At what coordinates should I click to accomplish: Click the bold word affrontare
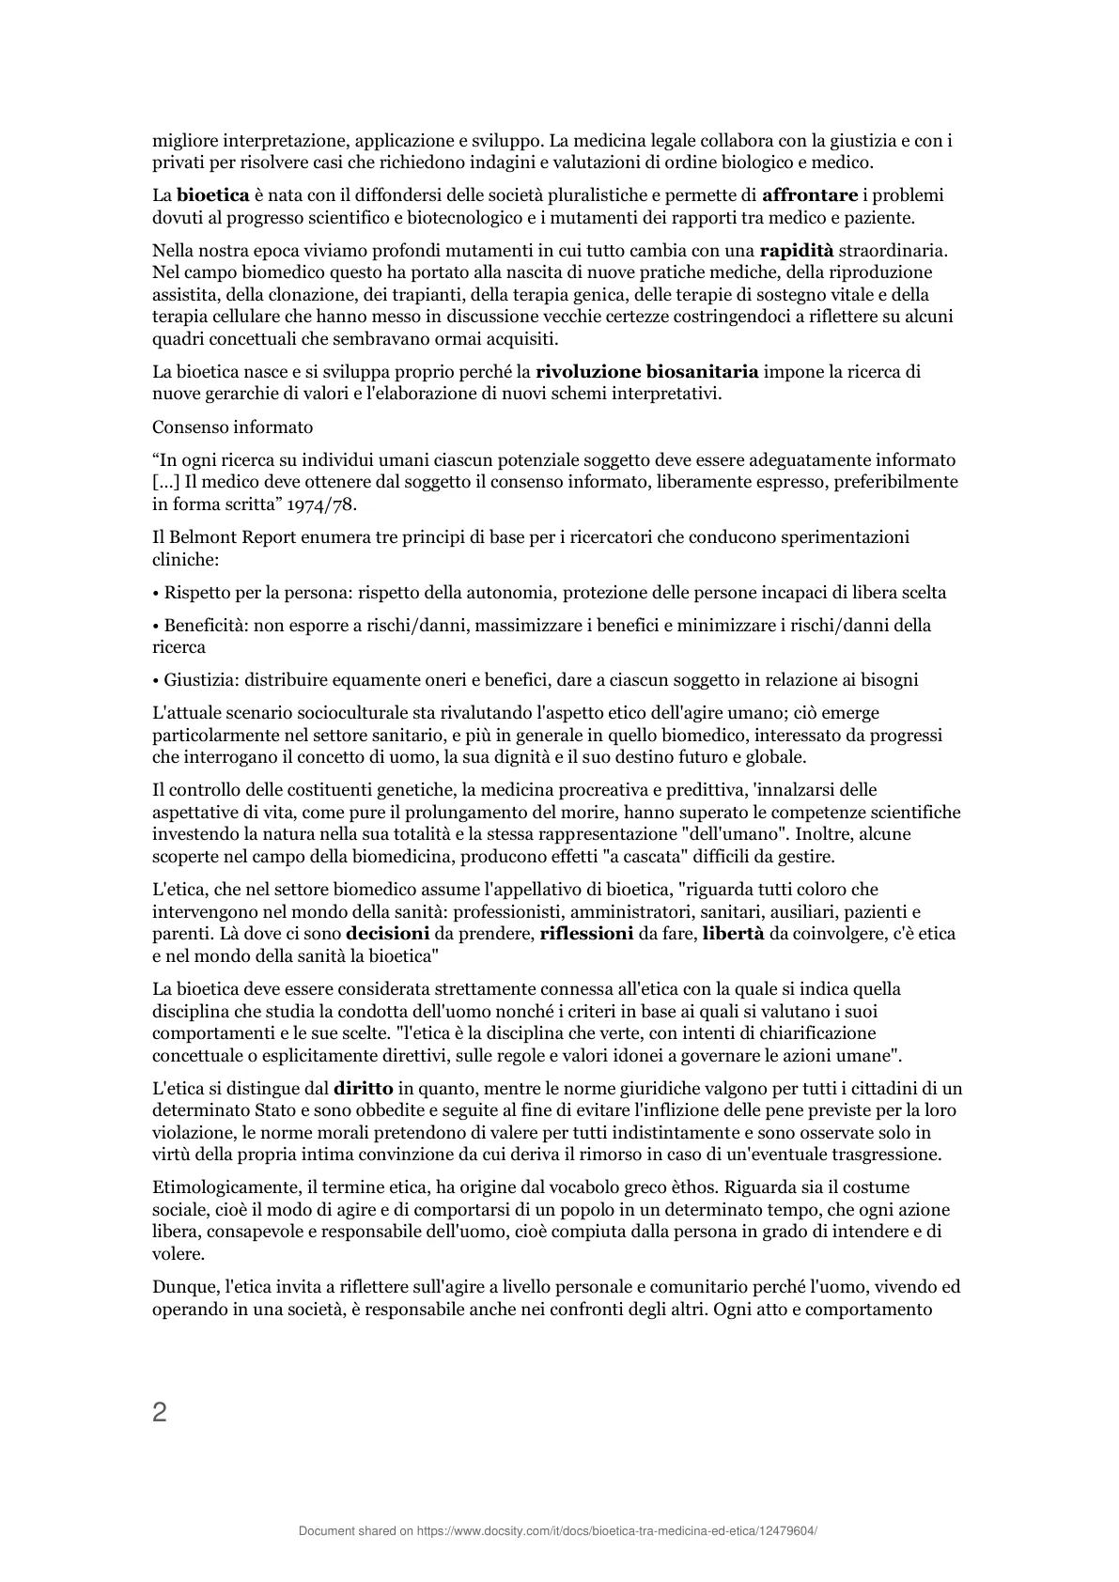[x=809, y=195]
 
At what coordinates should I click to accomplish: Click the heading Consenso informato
[x=232, y=427]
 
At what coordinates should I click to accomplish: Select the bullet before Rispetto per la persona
[x=156, y=593]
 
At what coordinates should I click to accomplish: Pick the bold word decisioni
[x=388, y=934]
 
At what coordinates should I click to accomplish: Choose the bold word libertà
[x=734, y=934]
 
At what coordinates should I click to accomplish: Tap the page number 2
[x=160, y=1412]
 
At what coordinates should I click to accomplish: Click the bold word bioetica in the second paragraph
[x=213, y=195]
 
